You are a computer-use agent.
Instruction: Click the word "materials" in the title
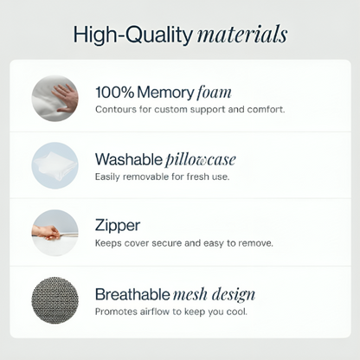tap(242, 35)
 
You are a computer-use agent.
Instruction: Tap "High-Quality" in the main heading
tap(133, 35)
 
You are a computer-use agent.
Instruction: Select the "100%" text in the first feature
tap(115, 93)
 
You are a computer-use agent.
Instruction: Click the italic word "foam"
tap(214, 93)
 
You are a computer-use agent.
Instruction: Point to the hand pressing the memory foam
tap(66, 98)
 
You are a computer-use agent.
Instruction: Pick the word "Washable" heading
tap(129, 159)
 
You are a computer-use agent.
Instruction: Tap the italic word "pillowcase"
tap(201, 159)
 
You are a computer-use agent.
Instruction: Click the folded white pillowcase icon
tap(55, 166)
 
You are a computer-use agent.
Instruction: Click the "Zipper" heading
tap(118, 226)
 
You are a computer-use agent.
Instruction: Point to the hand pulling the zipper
tap(46, 232)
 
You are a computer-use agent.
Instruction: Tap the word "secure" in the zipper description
tap(167, 243)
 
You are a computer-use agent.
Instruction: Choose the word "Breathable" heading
tap(132, 294)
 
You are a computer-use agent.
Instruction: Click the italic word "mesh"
tap(190, 294)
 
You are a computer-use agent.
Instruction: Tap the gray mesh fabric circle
tap(55, 300)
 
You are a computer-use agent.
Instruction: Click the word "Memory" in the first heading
tap(165, 93)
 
